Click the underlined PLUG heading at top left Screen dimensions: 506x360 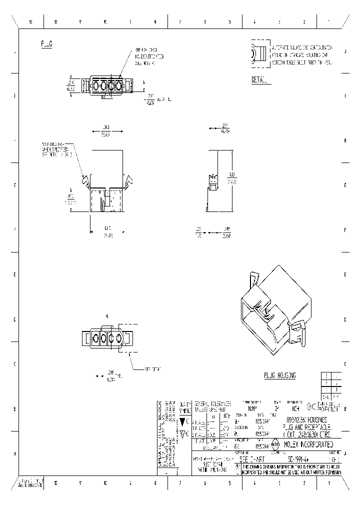pyautogui.click(x=46, y=44)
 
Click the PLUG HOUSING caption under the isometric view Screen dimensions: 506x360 pyautogui.click(x=280, y=375)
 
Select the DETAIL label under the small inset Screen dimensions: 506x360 pyautogui.click(x=259, y=79)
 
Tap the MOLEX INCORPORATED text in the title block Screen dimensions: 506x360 pyautogui.click(x=305, y=444)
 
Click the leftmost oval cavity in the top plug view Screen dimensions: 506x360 pyautogui.click(x=95, y=85)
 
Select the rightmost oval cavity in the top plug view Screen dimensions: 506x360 pyautogui.click(x=119, y=85)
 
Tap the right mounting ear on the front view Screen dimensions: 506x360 pyautogui.click(x=129, y=179)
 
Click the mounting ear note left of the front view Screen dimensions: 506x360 pyautogui.click(x=57, y=149)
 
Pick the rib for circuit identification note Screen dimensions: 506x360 pyautogui.click(x=149, y=57)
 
